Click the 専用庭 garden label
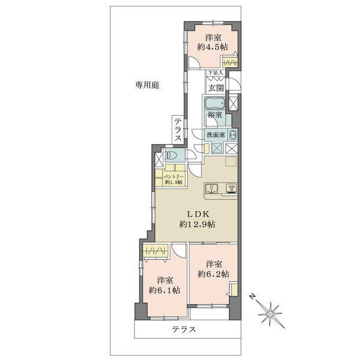coord(147,86)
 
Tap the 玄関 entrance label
coord(216,87)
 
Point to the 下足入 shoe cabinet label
coord(215,73)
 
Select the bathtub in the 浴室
coord(215,102)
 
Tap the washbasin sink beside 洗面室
coord(232,134)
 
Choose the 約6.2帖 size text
coord(214,274)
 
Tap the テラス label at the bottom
coord(184,329)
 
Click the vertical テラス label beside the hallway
coord(178,130)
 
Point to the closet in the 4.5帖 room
coord(230,62)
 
